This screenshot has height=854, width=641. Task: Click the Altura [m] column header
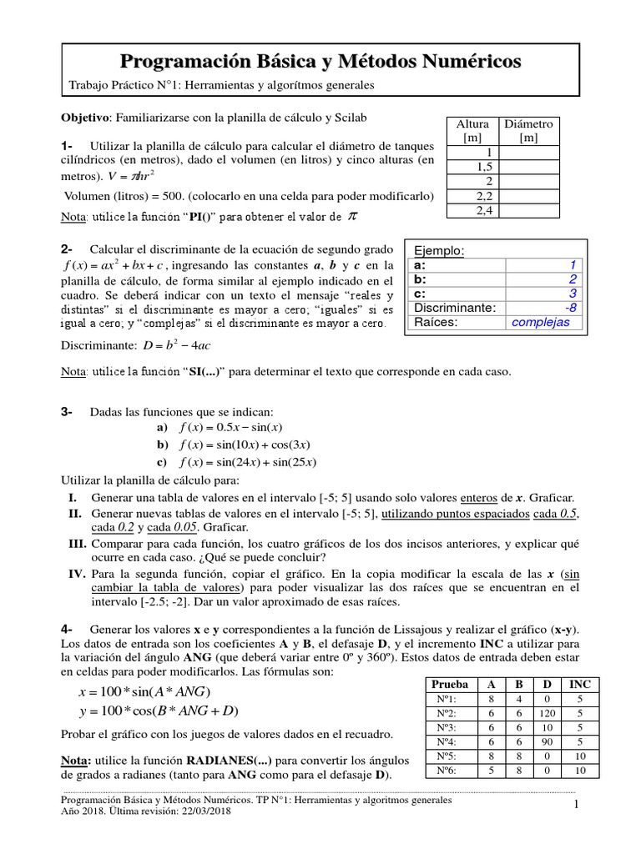point(472,130)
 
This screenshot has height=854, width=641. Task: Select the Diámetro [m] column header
point(527,130)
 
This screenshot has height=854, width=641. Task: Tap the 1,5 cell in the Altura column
point(485,167)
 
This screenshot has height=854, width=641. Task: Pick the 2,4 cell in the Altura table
point(485,210)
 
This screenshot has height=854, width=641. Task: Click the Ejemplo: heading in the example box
point(440,251)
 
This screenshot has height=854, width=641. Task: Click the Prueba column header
point(449,683)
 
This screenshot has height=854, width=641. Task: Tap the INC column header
point(579,683)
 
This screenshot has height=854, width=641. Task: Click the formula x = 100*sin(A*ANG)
point(144,691)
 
